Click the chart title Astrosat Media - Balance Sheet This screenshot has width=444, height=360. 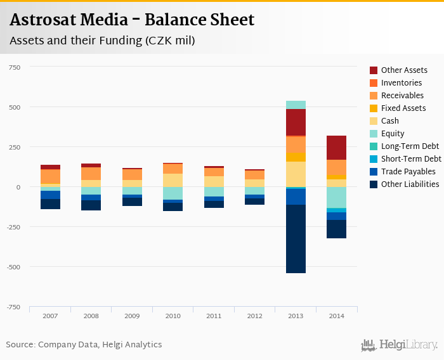[x=132, y=20]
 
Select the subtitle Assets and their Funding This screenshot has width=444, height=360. [x=102, y=41]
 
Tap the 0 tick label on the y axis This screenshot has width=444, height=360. [x=18, y=187]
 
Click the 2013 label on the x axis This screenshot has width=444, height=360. [x=296, y=316]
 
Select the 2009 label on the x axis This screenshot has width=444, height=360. [x=132, y=316]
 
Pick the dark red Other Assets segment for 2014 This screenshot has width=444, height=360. [x=337, y=148]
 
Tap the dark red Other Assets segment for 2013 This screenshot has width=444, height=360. [x=296, y=122]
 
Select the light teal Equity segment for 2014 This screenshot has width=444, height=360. [x=337, y=197]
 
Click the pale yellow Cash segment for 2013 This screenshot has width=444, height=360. [x=296, y=174]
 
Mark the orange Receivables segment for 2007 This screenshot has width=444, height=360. [x=50, y=176]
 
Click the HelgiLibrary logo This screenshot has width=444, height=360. [x=399, y=345]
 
